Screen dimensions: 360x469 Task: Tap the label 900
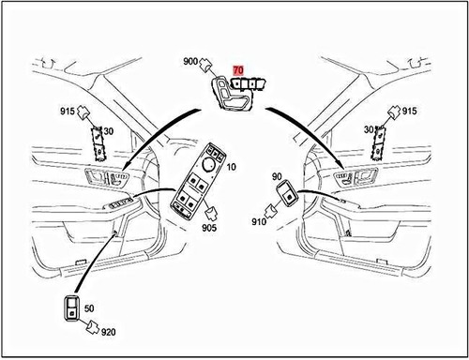pos(192,62)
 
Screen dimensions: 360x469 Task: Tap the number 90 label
pos(277,176)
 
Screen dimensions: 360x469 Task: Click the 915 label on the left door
pos(67,112)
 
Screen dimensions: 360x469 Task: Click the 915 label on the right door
pos(409,112)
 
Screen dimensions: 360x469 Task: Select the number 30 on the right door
pos(370,130)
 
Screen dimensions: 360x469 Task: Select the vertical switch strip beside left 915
pos(97,140)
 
